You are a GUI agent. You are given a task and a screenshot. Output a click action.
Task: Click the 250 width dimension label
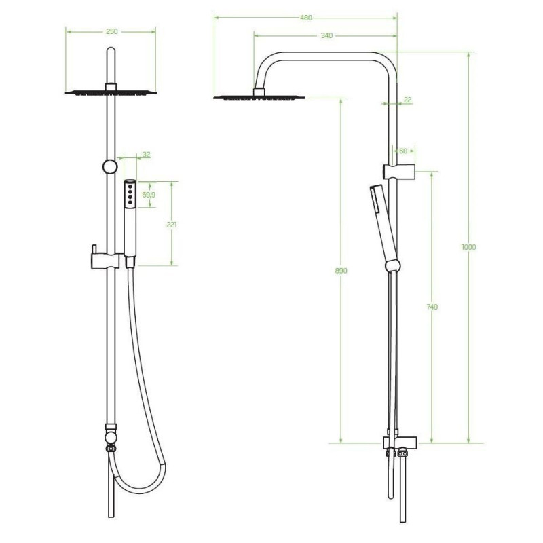click(x=112, y=31)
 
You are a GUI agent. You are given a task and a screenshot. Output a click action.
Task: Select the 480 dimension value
click(x=306, y=19)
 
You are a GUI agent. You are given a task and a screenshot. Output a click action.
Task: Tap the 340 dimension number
click(x=326, y=36)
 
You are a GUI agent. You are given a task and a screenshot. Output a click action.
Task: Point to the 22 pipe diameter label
click(x=407, y=100)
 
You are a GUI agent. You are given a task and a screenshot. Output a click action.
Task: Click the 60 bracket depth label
click(x=403, y=151)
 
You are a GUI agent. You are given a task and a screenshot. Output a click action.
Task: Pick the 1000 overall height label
click(x=468, y=247)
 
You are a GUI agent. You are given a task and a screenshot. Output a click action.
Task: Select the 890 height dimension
click(x=341, y=270)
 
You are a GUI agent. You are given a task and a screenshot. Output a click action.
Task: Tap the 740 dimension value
click(x=432, y=307)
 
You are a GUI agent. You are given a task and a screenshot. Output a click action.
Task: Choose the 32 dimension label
click(x=146, y=155)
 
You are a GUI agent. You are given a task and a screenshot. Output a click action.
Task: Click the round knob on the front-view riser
click(x=109, y=167)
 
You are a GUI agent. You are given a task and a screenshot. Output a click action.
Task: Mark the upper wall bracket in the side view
click(x=396, y=170)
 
